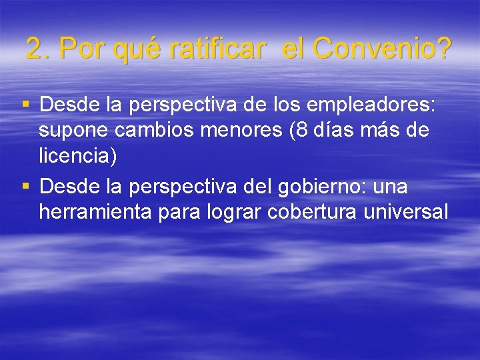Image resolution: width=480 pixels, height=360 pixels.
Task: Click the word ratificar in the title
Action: (217, 49)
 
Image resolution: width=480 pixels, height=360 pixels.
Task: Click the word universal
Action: (408, 212)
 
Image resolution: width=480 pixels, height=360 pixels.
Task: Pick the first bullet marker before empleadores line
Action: (25, 105)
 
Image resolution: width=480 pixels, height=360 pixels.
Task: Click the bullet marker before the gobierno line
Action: (25, 186)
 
